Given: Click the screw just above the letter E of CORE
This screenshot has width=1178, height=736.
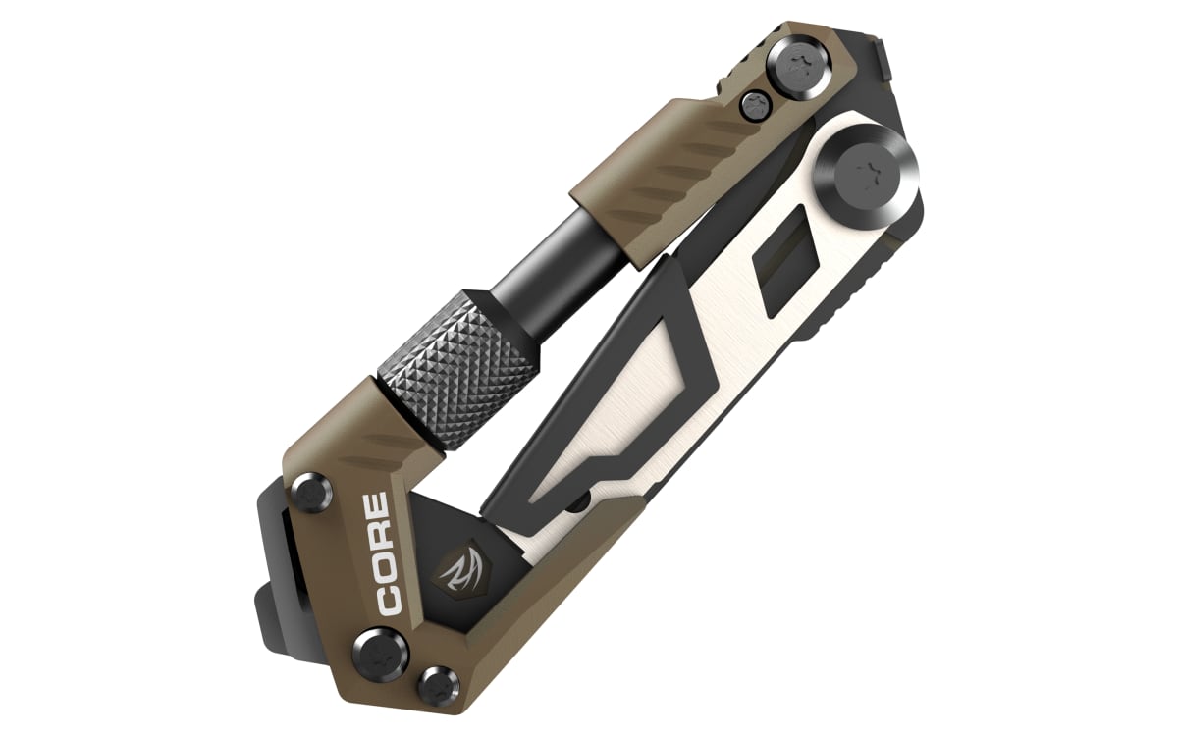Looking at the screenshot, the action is [312, 492].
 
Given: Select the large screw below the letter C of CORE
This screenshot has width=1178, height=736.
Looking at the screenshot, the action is [381, 656].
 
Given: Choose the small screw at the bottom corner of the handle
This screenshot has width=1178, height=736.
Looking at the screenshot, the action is [439, 686].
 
